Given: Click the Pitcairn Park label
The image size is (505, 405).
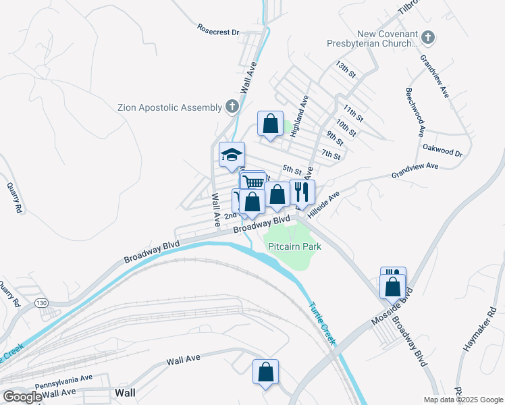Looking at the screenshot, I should click(294, 246).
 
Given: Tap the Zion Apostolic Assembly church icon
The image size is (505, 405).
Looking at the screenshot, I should click(232, 107).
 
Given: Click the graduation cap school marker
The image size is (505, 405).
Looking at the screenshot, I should click(232, 155).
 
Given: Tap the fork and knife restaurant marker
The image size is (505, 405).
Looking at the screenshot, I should click(302, 192).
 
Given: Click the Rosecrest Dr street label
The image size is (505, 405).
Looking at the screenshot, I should click(219, 31).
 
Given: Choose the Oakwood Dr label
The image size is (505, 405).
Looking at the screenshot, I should click(442, 150).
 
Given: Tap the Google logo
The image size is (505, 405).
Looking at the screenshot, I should click(22, 397).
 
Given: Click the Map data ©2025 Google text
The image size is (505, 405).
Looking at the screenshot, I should click(462, 399).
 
